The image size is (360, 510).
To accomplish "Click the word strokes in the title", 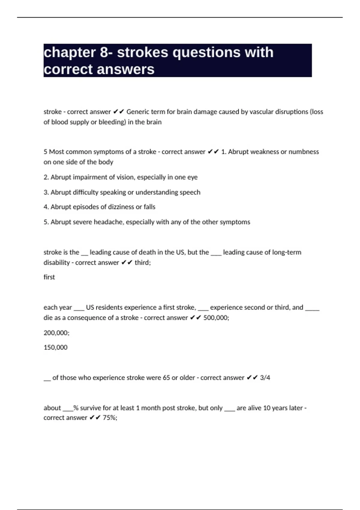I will [142, 52].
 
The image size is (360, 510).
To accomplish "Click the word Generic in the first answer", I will [138, 112].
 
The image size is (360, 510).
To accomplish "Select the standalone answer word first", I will [49, 277].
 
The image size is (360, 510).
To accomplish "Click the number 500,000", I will [216, 318].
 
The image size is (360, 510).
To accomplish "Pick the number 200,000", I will [56, 333].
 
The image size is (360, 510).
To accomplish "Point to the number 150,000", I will [55, 347].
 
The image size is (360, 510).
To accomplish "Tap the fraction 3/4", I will [265, 378].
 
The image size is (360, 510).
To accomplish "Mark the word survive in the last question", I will [90, 408].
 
